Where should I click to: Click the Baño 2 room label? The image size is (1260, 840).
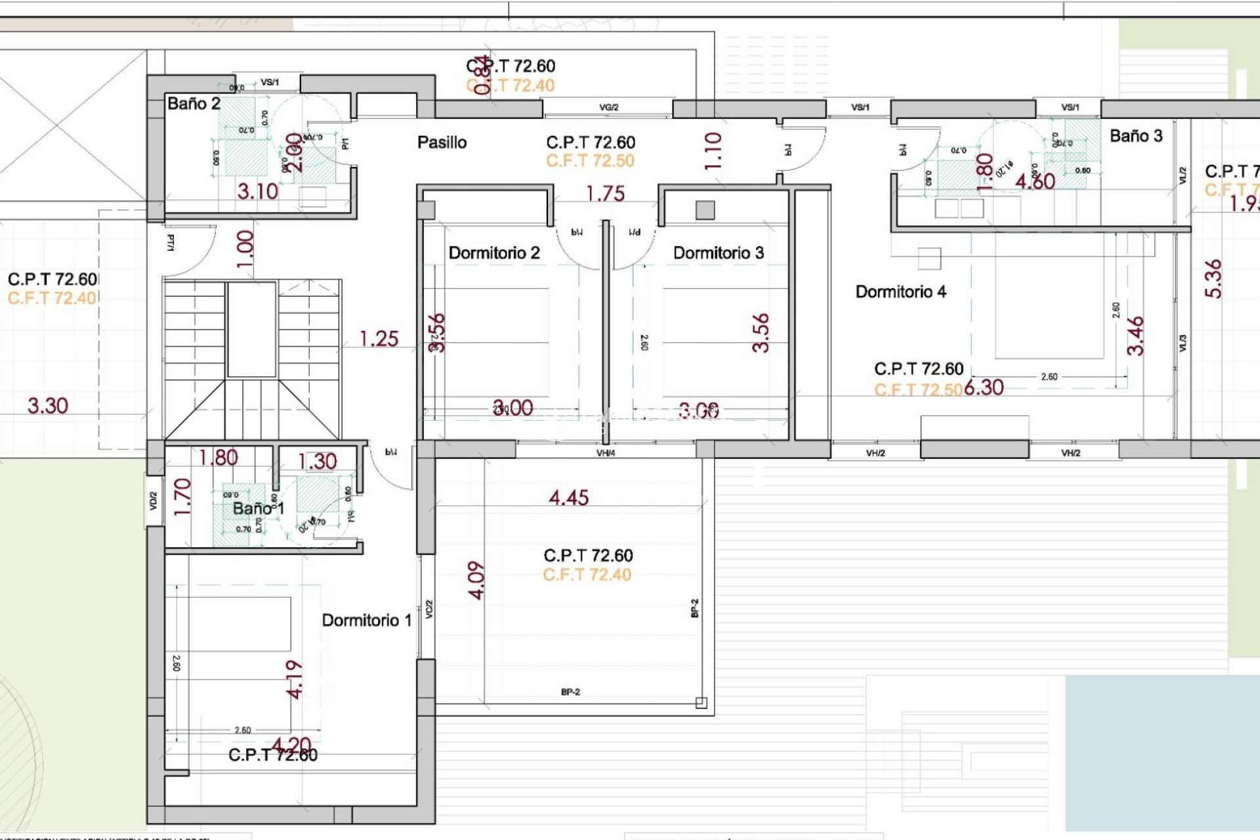click(x=194, y=104)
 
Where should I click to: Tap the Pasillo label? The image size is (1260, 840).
click(x=442, y=142)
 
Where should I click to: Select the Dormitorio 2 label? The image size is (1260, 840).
click(x=493, y=253)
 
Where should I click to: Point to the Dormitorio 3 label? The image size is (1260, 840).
click(x=719, y=253)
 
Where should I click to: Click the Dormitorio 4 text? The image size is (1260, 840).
click(x=900, y=292)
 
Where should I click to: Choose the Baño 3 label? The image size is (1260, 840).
click(x=1135, y=136)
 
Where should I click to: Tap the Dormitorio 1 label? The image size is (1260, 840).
click(x=366, y=620)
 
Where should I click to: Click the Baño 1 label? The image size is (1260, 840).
click(x=258, y=509)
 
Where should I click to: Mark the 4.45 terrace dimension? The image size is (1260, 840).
click(x=568, y=497)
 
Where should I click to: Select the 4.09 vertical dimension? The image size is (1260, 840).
click(x=476, y=580)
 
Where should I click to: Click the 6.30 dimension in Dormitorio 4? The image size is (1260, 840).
click(x=984, y=387)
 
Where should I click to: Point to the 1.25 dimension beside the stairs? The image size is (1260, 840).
click(x=379, y=339)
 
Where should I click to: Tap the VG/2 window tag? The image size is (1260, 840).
click(x=608, y=107)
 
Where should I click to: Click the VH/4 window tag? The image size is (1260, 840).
click(x=605, y=453)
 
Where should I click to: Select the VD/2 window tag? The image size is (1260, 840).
click(x=153, y=501)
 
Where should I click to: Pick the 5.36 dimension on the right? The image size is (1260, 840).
click(x=1213, y=279)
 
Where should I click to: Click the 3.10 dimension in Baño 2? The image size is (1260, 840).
click(x=257, y=192)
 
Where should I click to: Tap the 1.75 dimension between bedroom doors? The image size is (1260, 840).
click(x=605, y=194)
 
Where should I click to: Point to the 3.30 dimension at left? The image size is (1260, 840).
click(x=47, y=406)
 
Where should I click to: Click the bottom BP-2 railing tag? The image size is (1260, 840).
click(x=570, y=692)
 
